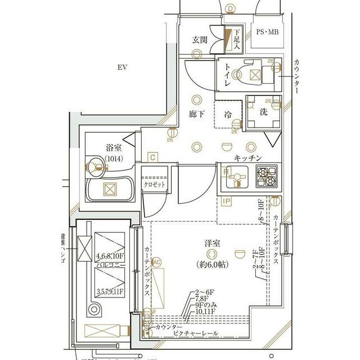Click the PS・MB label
267,32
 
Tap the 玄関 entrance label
200,40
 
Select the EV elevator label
122,67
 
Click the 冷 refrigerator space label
228,115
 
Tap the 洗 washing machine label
263,111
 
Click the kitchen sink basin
232,178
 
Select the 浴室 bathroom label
114,148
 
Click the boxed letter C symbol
152,157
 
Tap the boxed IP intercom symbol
226,201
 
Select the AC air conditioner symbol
156,262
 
